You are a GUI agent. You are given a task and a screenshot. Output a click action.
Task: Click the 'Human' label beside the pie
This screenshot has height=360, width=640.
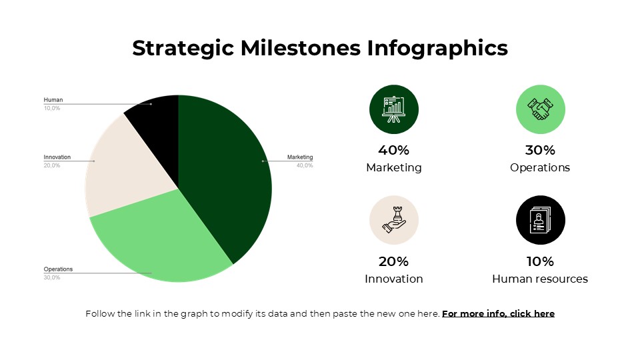(x=53, y=100)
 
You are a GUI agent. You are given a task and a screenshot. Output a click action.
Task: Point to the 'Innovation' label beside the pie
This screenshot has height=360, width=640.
(x=57, y=157)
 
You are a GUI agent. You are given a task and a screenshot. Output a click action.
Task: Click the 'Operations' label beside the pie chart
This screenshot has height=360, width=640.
(x=58, y=269)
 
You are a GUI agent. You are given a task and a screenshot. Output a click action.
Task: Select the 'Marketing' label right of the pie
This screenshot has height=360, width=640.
(x=300, y=157)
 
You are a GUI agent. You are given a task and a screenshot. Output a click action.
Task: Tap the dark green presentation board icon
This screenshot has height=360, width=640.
(x=393, y=109)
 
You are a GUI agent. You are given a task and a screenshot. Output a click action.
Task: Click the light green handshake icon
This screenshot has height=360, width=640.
(x=541, y=109)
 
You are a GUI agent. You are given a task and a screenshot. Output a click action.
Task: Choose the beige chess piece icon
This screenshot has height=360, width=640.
(x=393, y=221)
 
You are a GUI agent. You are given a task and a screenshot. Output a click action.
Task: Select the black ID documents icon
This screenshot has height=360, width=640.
(x=541, y=221)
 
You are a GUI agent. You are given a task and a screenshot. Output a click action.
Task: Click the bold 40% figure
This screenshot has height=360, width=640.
(x=393, y=150)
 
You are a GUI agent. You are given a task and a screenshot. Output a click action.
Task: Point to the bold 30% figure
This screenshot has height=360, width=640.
(x=540, y=150)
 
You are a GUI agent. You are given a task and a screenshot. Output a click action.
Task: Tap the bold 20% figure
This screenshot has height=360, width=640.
(x=393, y=261)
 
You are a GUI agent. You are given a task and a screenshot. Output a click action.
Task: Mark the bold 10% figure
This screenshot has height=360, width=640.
(x=540, y=261)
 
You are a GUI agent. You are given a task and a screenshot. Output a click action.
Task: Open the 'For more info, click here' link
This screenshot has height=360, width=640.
(x=498, y=313)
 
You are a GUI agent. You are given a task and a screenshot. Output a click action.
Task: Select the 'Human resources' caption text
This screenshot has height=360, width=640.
(x=540, y=279)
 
